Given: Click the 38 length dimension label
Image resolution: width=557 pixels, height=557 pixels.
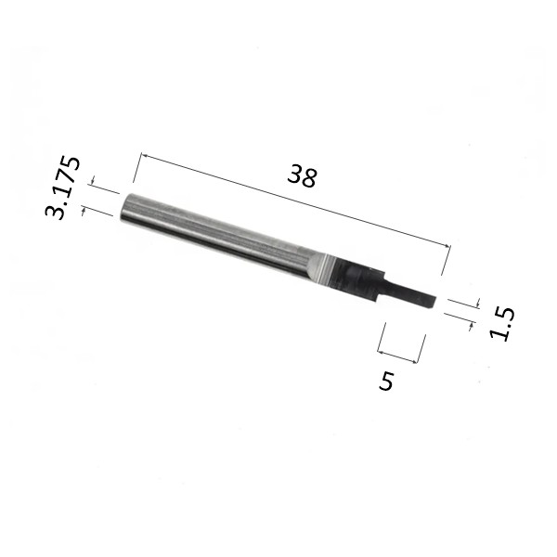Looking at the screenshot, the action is [302, 175].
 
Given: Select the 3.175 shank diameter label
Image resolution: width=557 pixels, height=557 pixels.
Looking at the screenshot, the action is [62, 188].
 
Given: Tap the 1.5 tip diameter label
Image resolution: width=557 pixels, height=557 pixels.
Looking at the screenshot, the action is [502, 324].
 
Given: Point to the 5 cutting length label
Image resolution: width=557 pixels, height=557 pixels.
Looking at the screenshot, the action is [386, 381].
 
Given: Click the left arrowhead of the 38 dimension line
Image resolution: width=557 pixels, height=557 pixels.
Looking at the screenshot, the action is [144, 155].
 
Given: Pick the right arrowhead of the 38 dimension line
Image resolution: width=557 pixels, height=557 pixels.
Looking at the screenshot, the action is [447, 245].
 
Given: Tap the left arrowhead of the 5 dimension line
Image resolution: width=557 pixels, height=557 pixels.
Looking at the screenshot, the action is [381, 353].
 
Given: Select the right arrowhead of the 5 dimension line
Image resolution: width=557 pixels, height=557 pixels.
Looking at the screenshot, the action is [413, 362].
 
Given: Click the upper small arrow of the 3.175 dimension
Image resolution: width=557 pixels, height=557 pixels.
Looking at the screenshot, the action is [93, 180].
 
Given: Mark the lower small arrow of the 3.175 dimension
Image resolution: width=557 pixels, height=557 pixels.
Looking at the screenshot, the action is [84, 211].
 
